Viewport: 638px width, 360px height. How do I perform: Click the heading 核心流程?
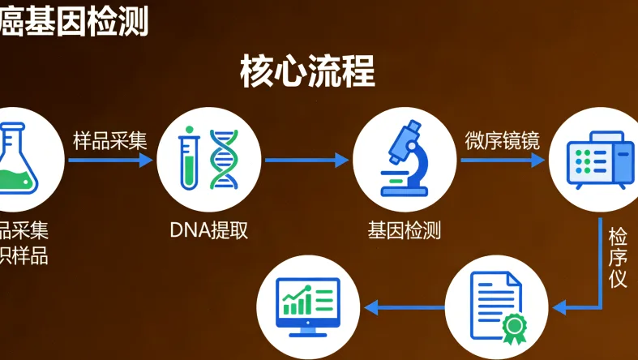307,71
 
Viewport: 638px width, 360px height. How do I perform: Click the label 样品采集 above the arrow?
110,139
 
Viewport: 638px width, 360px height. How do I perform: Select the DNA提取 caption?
209,230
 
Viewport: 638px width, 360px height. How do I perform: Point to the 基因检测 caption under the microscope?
404,230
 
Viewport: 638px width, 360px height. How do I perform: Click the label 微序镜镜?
503,139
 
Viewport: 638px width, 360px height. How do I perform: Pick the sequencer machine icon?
600,161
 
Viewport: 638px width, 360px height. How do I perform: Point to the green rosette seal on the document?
513,328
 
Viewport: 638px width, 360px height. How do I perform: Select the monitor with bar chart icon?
308,306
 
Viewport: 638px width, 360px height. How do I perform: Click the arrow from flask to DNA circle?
110,160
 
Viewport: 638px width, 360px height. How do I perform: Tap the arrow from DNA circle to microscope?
306,160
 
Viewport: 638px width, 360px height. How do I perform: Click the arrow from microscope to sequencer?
503,160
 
